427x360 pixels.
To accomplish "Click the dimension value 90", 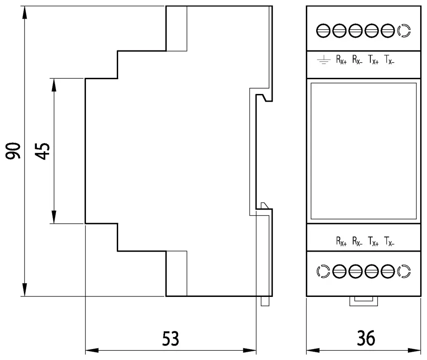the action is [13, 151].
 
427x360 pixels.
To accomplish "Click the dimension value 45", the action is [42, 151].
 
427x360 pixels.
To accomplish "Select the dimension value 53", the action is [171, 338].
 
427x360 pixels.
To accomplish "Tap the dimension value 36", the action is [366, 338].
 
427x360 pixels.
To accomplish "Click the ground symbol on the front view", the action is [323, 59].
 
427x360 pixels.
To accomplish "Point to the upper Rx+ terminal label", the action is [341, 59].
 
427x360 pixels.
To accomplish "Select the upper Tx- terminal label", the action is [389, 59].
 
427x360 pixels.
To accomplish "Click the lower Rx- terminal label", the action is [357, 241].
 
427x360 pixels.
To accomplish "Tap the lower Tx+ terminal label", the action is [373, 241].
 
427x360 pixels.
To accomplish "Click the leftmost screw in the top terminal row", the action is [323, 30].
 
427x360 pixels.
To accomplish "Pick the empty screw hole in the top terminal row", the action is [404, 30].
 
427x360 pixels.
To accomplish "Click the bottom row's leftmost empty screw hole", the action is [323, 271].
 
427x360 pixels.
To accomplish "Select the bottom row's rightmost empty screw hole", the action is [404, 271].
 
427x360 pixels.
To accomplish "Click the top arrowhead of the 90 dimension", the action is [25, 13].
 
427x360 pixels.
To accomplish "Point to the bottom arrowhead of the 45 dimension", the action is [54, 217].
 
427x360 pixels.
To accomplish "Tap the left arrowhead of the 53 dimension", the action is [92, 350].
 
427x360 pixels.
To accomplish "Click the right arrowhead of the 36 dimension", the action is [414, 350].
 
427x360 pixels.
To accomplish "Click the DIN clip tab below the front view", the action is [364, 301].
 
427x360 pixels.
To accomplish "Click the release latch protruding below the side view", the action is [265, 301].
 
